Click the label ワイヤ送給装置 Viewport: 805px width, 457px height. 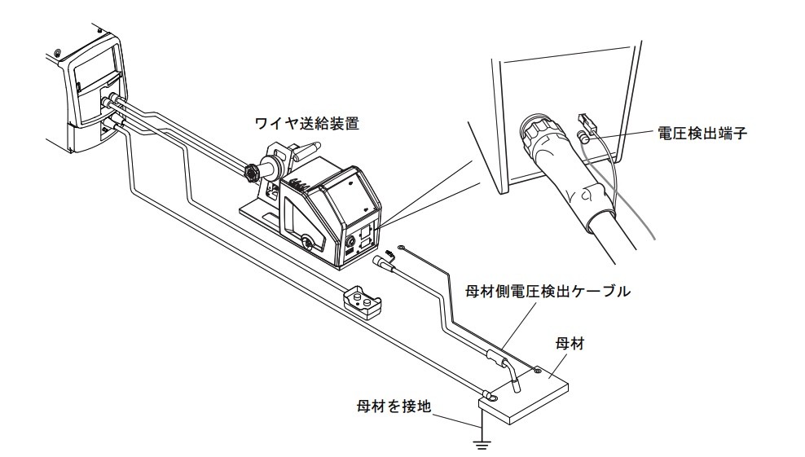pyautogui.click(x=307, y=125)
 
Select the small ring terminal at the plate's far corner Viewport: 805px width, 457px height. pyautogui.click(x=538, y=371)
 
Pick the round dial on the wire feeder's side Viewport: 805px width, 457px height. pyautogui.click(x=306, y=242)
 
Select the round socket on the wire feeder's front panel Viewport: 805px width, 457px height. pyautogui.click(x=351, y=241)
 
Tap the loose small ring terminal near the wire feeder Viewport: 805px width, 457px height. pyautogui.click(x=402, y=247)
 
